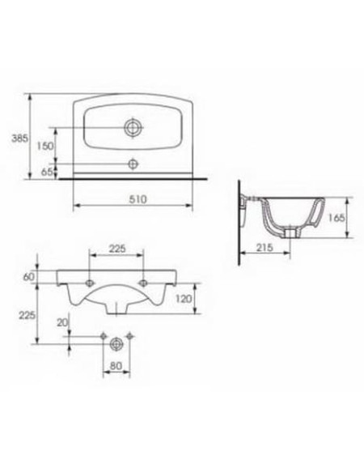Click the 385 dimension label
pos(20,138)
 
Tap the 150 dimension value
pos(45,146)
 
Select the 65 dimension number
pos(47,172)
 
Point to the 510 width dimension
pos(138,199)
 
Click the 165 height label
pos(336,218)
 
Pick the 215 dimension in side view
pos(265,248)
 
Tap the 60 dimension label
pos(29,277)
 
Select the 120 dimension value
pos(184,299)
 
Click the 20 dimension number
pos(62,322)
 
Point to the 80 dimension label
pos(116,366)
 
